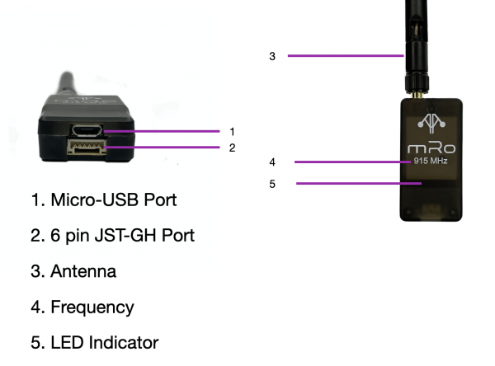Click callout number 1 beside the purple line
click(233, 131)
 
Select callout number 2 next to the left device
click(233, 148)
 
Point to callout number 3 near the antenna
click(272, 56)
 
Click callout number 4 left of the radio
click(272, 162)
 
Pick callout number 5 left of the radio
click(272, 184)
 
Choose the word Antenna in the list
click(83, 271)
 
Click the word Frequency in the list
click(92, 307)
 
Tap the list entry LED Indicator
click(104, 342)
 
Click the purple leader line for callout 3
click(346, 56)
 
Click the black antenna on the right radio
click(417, 41)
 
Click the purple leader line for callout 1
click(165, 131)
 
